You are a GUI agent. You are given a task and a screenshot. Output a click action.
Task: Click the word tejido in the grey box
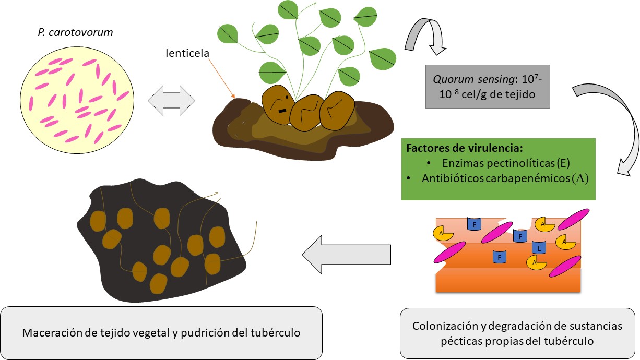point(525,96)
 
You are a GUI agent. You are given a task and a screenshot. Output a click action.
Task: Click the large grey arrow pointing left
point(346,254)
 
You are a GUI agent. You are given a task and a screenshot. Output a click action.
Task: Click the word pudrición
point(216,332)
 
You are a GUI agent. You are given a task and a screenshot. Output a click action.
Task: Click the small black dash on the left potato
point(282,110)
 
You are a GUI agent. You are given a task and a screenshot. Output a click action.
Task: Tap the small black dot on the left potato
point(286,97)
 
